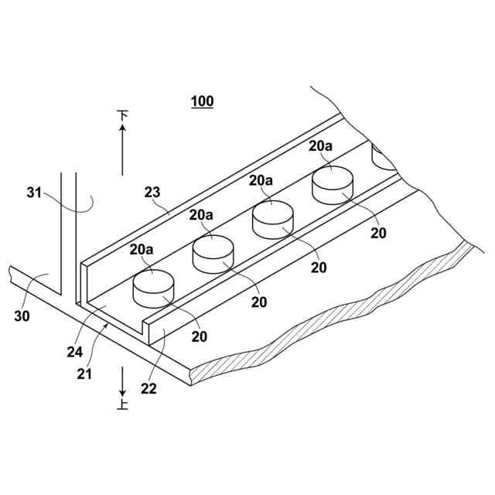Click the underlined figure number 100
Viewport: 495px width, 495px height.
tap(202, 101)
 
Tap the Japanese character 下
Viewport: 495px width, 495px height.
tap(122, 116)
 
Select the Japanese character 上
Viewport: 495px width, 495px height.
tap(122, 403)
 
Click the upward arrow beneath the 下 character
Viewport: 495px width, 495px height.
tap(122, 150)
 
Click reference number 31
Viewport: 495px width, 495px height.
tap(34, 193)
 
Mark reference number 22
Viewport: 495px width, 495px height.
tap(148, 389)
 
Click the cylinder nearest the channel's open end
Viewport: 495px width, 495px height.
tap(154, 288)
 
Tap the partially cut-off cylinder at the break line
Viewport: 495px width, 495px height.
tap(383, 157)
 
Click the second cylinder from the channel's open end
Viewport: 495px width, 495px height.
tap(213, 254)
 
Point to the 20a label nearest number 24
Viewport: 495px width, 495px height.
tap(142, 249)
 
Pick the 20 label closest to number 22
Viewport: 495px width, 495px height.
tap(199, 336)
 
